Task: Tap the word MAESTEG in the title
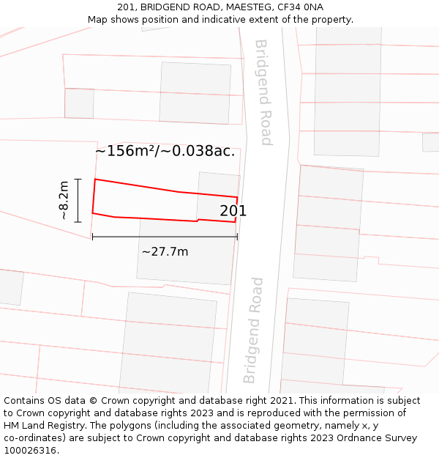[244, 7]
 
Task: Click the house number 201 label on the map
[233, 211]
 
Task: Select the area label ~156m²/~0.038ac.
[165, 151]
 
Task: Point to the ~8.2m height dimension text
[64, 200]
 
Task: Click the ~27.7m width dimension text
[165, 251]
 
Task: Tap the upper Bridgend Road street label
[263, 92]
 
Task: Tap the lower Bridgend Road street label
[252, 330]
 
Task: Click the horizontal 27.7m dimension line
[165, 237]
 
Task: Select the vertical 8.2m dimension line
[78, 199]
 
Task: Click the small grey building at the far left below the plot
[10, 287]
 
